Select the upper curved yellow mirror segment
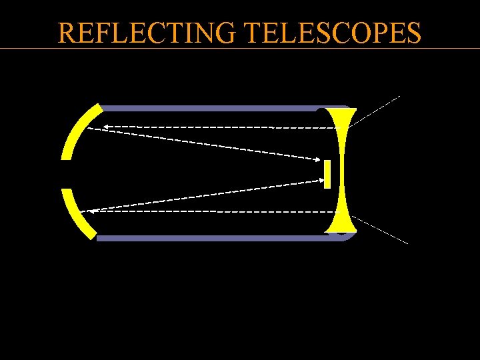79,131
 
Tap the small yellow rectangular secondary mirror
327,174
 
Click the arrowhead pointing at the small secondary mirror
318,159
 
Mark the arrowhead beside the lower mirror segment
93,211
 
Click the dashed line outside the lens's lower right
380,230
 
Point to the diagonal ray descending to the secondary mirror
200,143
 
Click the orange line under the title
240,48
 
